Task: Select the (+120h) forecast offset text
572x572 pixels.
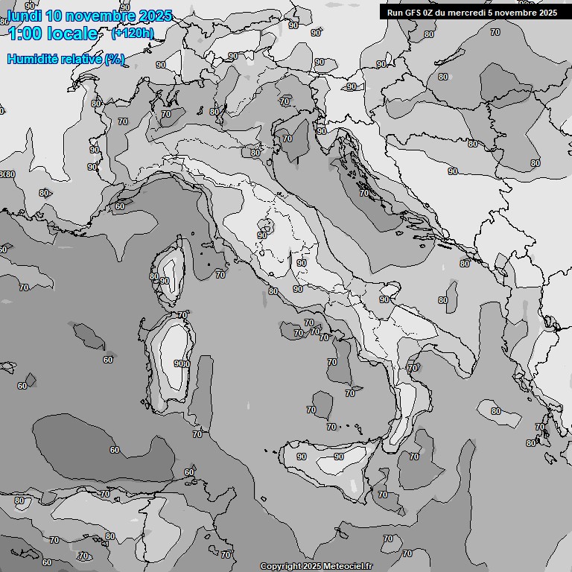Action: tap(132, 33)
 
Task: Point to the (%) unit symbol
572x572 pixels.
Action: tap(114, 59)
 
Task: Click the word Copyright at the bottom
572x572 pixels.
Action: tap(281, 566)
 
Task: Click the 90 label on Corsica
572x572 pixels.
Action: tap(165, 281)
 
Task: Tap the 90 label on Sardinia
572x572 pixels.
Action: tap(179, 363)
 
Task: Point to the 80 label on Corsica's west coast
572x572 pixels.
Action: tap(153, 276)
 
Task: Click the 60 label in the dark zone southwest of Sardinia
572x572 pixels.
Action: tap(115, 450)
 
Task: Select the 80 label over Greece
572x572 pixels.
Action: tap(496, 411)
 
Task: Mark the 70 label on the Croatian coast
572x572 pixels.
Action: tap(364, 193)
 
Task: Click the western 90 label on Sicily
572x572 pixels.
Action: tap(301, 457)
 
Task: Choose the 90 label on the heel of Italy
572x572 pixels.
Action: tap(384, 299)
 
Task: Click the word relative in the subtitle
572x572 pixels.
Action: tap(81, 59)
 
